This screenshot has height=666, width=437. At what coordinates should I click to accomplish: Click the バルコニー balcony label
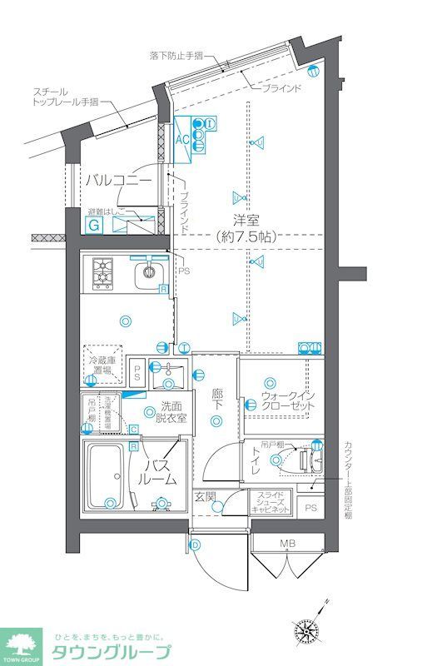117,181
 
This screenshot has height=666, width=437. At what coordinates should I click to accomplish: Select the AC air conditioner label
182,140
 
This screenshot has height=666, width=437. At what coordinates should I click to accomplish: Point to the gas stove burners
103,271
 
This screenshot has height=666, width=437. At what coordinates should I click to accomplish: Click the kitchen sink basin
150,271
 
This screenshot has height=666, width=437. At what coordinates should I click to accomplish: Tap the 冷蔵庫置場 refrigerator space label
103,365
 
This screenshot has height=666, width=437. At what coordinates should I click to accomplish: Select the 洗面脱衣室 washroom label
173,412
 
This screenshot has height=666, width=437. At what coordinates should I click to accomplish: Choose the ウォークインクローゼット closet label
287,400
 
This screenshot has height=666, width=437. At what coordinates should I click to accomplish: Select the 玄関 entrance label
205,497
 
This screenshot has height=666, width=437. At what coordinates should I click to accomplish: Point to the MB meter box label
287,544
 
